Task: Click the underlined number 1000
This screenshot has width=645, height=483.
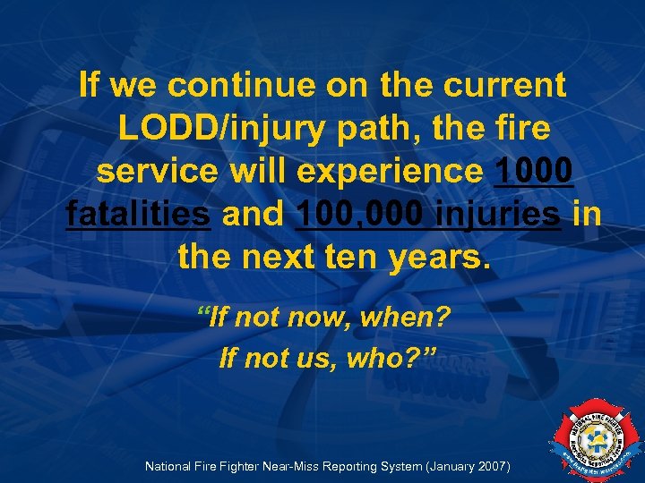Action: tap(534, 172)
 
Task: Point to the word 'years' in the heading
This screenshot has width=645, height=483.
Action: tap(440, 258)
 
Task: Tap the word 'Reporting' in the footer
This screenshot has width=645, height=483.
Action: tap(378, 466)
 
